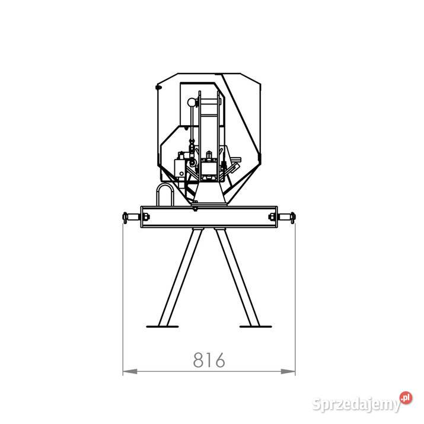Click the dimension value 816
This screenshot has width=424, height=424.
pos(209,360)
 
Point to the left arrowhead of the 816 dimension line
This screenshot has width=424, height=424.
pos(130,372)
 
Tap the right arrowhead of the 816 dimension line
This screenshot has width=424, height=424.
pos(288,372)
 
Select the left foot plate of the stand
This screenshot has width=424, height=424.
pos(162,327)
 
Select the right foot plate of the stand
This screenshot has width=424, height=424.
pos(256,327)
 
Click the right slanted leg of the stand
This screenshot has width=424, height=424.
pos(237,277)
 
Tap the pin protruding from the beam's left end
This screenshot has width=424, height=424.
pos(131,217)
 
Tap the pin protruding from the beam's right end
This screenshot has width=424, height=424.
pos(286,217)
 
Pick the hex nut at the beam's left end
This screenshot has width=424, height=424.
pos(145,217)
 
